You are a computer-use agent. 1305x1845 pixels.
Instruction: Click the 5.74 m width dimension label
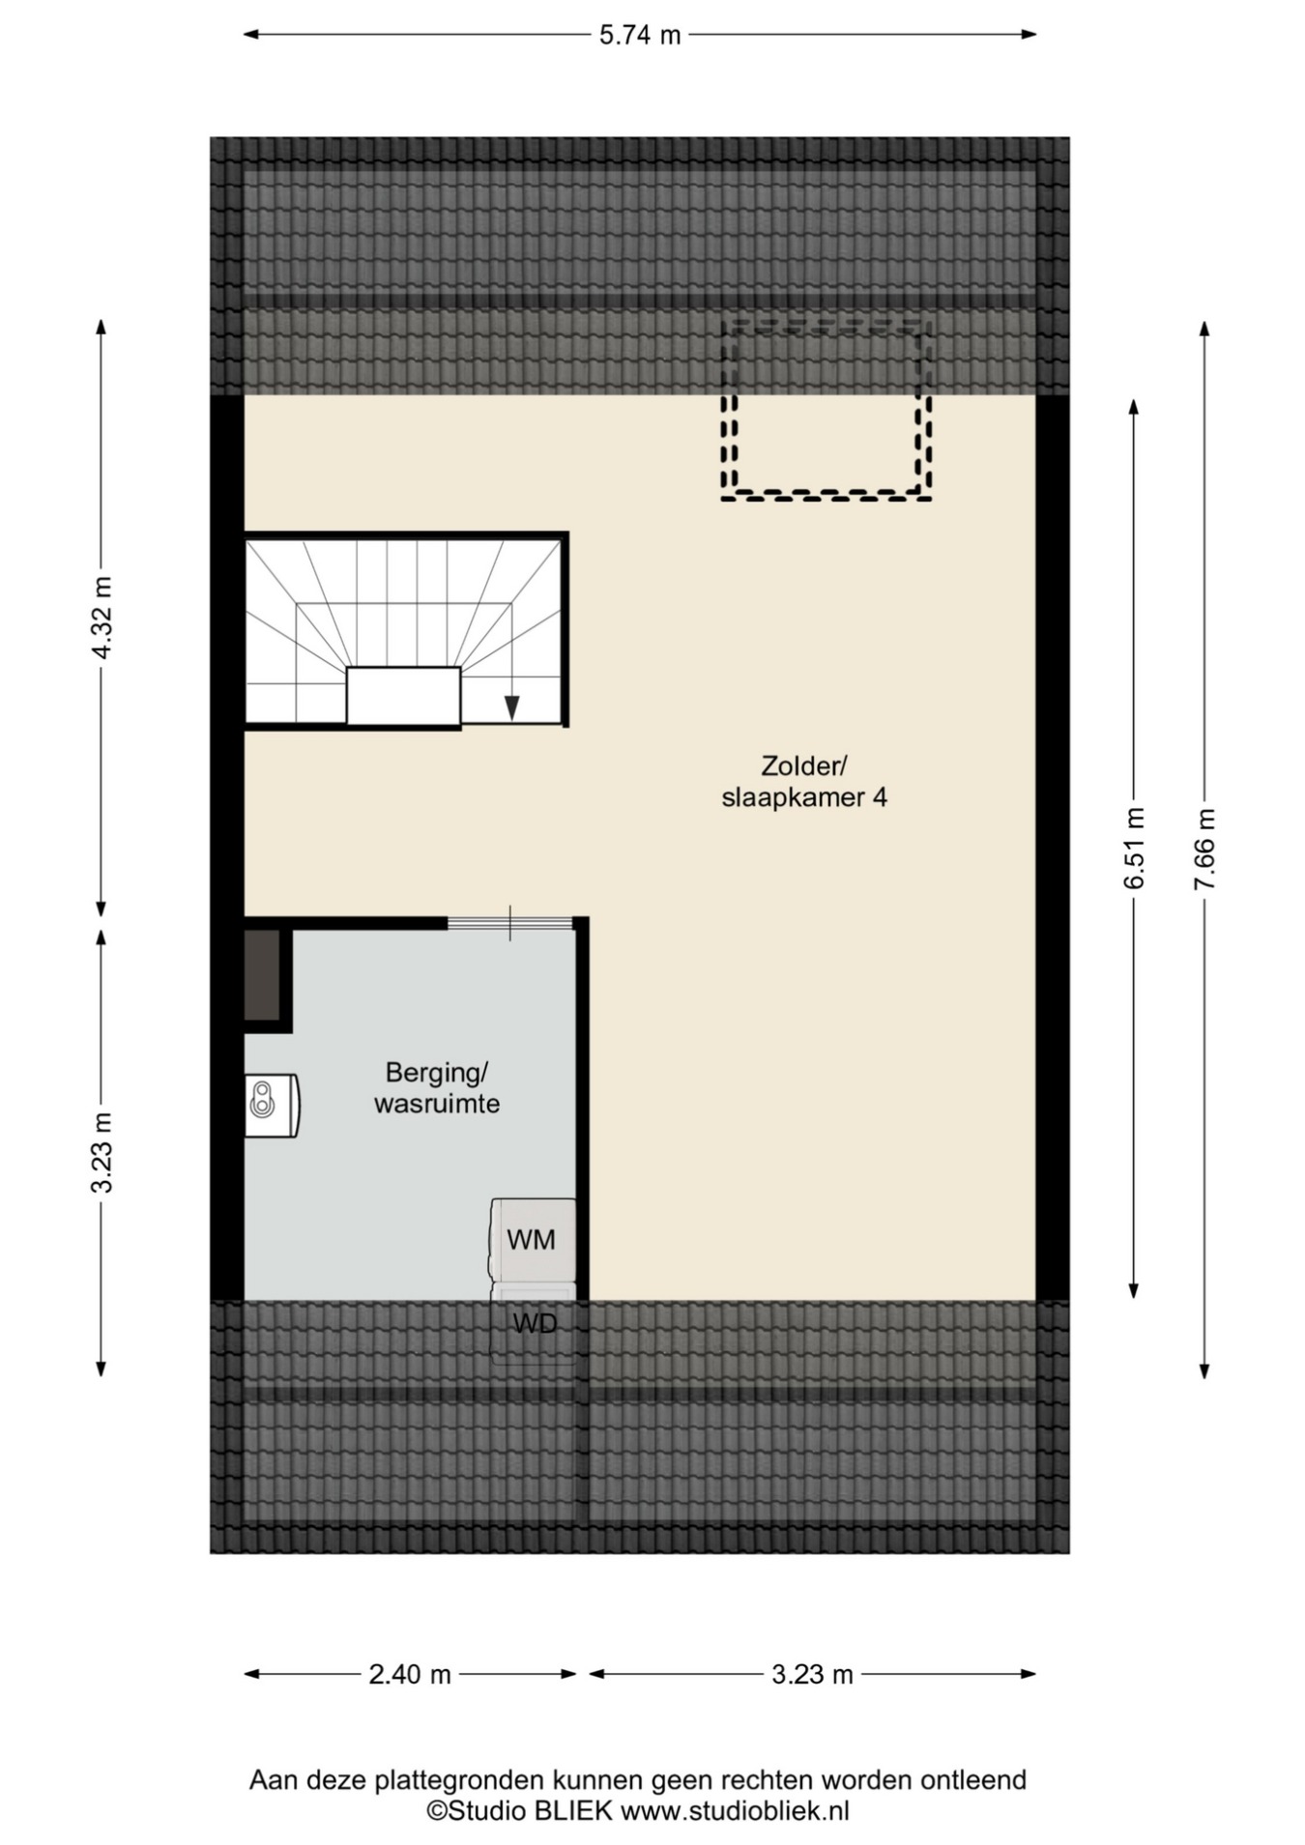pyautogui.click(x=640, y=36)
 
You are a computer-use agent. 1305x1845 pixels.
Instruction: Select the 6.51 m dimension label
pyautogui.click(x=1135, y=848)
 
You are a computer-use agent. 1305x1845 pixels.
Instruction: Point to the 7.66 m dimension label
pyautogui.click(x=1204, y=849)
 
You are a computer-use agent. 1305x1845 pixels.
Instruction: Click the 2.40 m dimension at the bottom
pyautogui.click(x=410, y=1674)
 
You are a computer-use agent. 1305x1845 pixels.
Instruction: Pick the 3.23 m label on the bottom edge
pyautogui.click(x=812, y=1674)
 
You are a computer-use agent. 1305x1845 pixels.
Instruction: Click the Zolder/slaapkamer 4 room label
pyautogui.click(x=804, y=782)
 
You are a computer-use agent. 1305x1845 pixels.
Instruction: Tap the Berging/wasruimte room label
pyautogui.click(x=437, y=1088)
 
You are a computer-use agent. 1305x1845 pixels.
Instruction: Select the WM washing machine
pyautogui.click(x=533, y=1240)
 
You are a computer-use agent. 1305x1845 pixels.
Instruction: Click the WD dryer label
pyautogui.click(x=535, y=1323)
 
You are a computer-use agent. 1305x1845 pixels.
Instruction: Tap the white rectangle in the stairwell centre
pyautogui.click(x=403, y=696)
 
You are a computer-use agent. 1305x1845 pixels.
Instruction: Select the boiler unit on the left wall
pyautogui.click(x=272, y=1106)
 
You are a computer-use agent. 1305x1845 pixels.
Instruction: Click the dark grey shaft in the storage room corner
pyautogui.click(x=262, y=974)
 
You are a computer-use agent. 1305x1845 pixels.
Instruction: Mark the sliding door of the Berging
pyautogui.click(x=510, y=923)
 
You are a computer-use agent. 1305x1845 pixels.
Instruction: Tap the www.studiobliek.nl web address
pyautogui.click(x=735, y=1810)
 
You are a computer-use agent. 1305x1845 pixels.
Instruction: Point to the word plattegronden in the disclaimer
pyautogui.click(x=459, y=1780)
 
